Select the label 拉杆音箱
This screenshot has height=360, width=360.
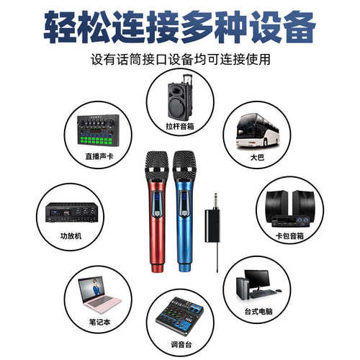181,125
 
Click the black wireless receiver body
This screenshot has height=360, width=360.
212,224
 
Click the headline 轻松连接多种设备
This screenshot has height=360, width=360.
180,27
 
